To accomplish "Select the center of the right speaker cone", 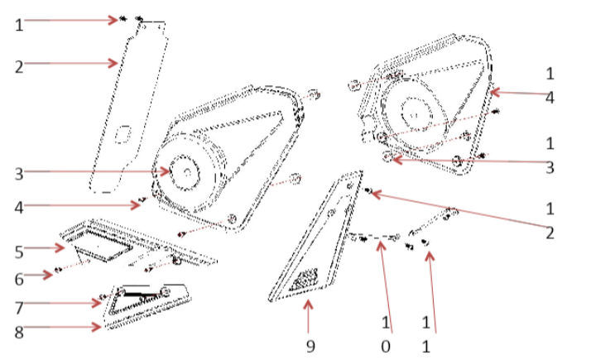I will point(411,108).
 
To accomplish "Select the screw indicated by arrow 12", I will point(368,190).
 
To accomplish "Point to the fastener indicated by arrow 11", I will point(425,242).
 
